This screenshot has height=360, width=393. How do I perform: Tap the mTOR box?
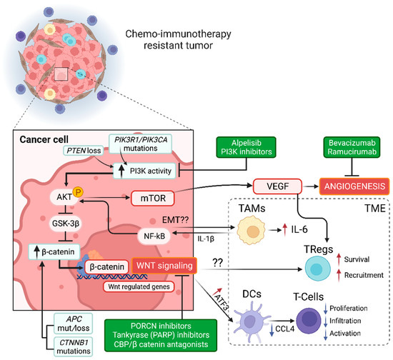tap(151, 196)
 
